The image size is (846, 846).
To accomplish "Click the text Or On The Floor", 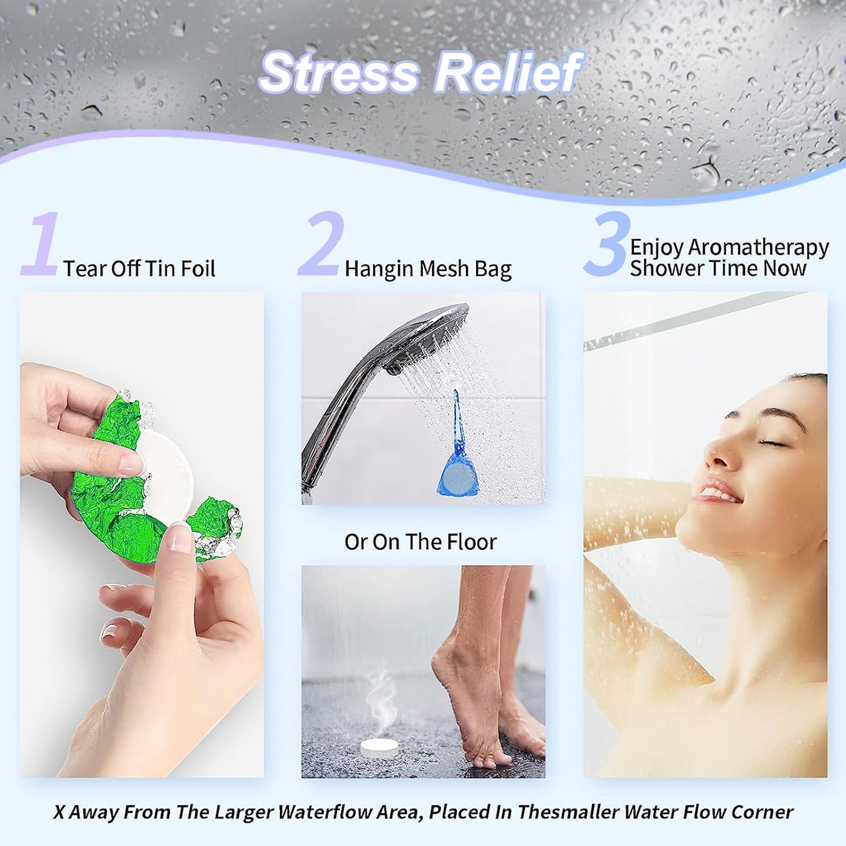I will (x=420, y=542).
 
